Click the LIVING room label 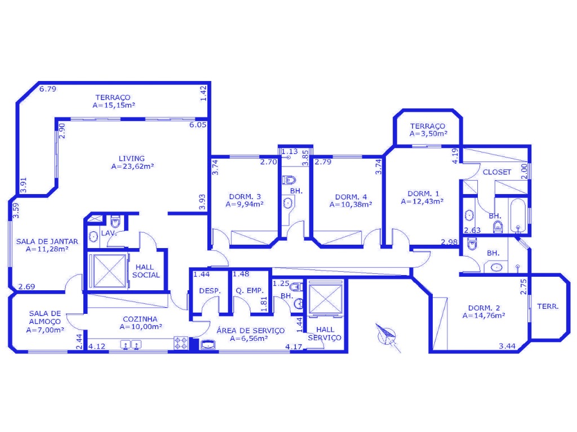pos(131,159)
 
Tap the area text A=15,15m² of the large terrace pos(114,105)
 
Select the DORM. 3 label pos(245,197)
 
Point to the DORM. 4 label pos(350,197)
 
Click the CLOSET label pos(497,172)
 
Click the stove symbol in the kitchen pos(181,343)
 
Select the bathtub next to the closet pos(518,215)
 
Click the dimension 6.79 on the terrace pos(48,89)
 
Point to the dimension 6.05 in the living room pos(198,125)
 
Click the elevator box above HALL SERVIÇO pos(325,298)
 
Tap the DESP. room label pos(210,291)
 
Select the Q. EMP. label pos(250,291)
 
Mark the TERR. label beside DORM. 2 pos(548,307)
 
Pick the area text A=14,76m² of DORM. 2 pos(483,316)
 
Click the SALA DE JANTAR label pos(47,242)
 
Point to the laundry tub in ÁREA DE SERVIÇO pos(208,345)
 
